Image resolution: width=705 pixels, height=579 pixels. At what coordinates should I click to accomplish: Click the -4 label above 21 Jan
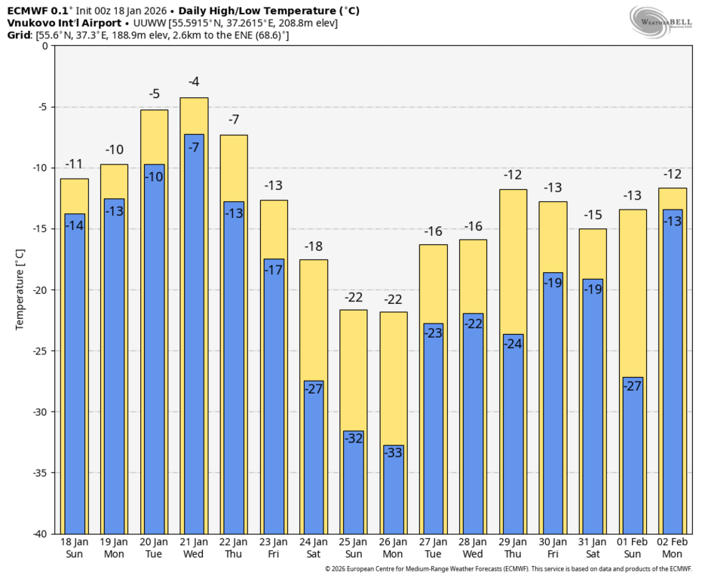[194, 82]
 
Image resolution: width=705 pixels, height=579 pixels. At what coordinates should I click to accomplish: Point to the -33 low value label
[394, 453]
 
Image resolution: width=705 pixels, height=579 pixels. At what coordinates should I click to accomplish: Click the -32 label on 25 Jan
[354, 438]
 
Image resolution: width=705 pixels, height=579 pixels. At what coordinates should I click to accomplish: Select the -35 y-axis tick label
[38, 473]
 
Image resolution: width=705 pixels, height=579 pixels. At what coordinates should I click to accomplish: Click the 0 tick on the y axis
[44, 46]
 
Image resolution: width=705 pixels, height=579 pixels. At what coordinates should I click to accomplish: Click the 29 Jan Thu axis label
[513, 548]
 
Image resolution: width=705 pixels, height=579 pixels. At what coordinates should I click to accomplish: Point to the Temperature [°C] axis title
[20, 289]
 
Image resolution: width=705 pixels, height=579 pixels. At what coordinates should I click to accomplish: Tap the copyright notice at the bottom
[508, 569]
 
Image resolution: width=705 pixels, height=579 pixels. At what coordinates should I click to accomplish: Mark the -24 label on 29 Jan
[513, 344]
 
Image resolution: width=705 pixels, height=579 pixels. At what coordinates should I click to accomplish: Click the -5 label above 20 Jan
[154, 94]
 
